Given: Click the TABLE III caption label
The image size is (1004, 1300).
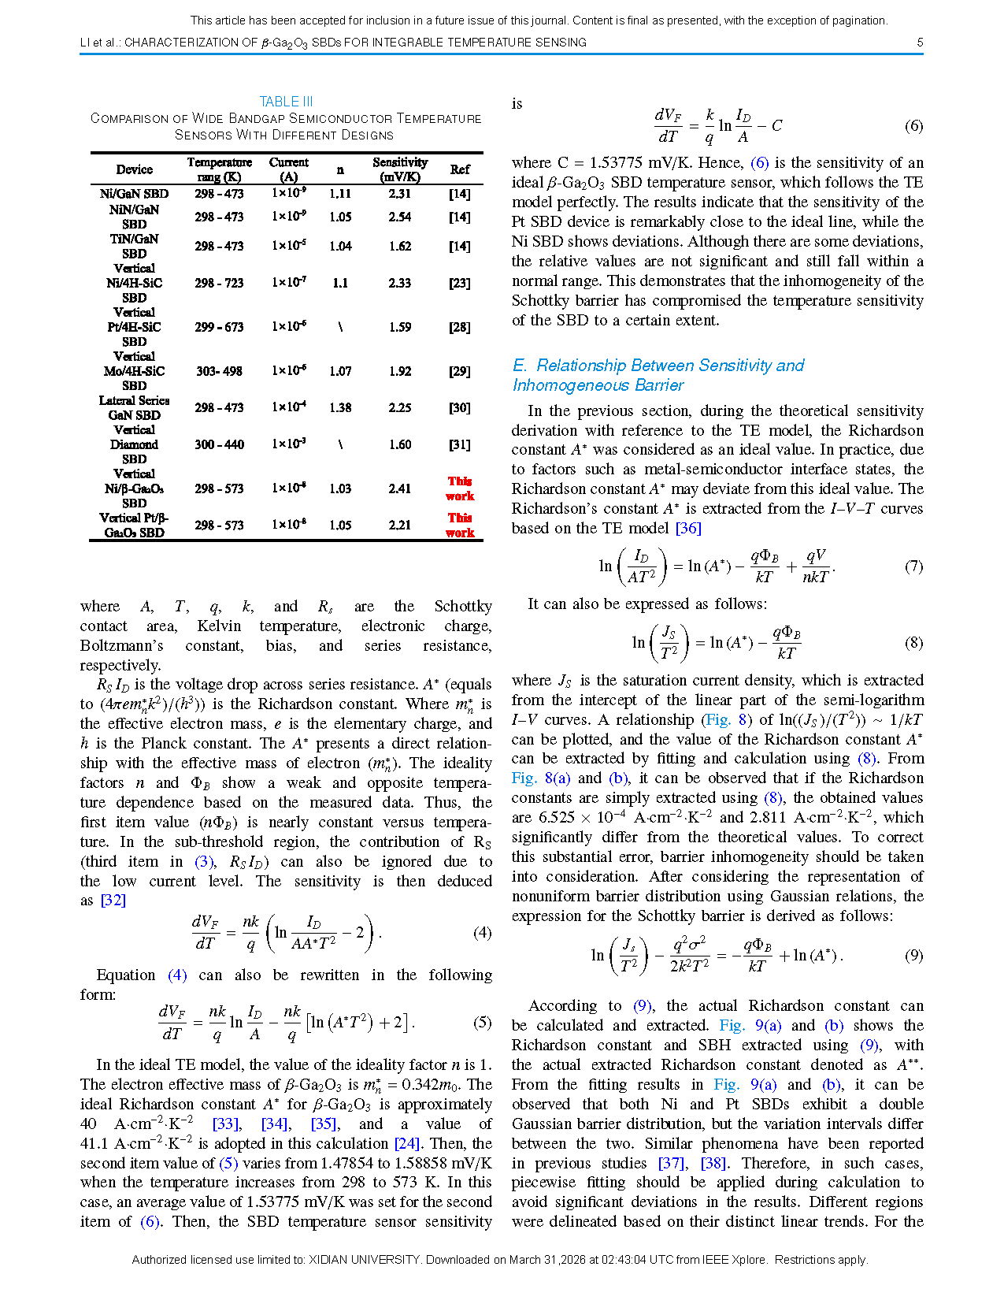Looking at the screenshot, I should click(286, 102).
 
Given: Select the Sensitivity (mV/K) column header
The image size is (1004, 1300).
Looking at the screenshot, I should click(400, 169).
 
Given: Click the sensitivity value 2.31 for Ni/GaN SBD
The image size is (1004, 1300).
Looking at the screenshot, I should click(400, 194).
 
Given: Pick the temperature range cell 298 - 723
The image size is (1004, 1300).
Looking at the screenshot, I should click(219, 283).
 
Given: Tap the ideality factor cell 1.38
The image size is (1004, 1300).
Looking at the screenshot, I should click(340, 407).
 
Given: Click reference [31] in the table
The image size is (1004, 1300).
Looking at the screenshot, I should click(460, 444).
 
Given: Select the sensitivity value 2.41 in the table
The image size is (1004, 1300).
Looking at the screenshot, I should click(400, 488).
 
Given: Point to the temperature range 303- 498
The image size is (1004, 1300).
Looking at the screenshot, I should click(219, 371).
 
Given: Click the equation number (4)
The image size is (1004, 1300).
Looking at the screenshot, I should click(482, 933).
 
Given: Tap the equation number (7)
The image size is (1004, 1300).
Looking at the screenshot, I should click(913, 566).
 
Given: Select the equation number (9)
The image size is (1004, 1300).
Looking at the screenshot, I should click(913, 956).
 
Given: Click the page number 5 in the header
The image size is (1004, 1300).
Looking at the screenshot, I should click(920, 43).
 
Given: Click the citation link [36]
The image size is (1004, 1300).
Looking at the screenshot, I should click(688, 529).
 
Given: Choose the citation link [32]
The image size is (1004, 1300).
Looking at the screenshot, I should click(113, 901).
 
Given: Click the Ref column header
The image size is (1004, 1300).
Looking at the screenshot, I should click(460, 169).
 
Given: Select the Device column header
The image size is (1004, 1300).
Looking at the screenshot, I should click(135, 169).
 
